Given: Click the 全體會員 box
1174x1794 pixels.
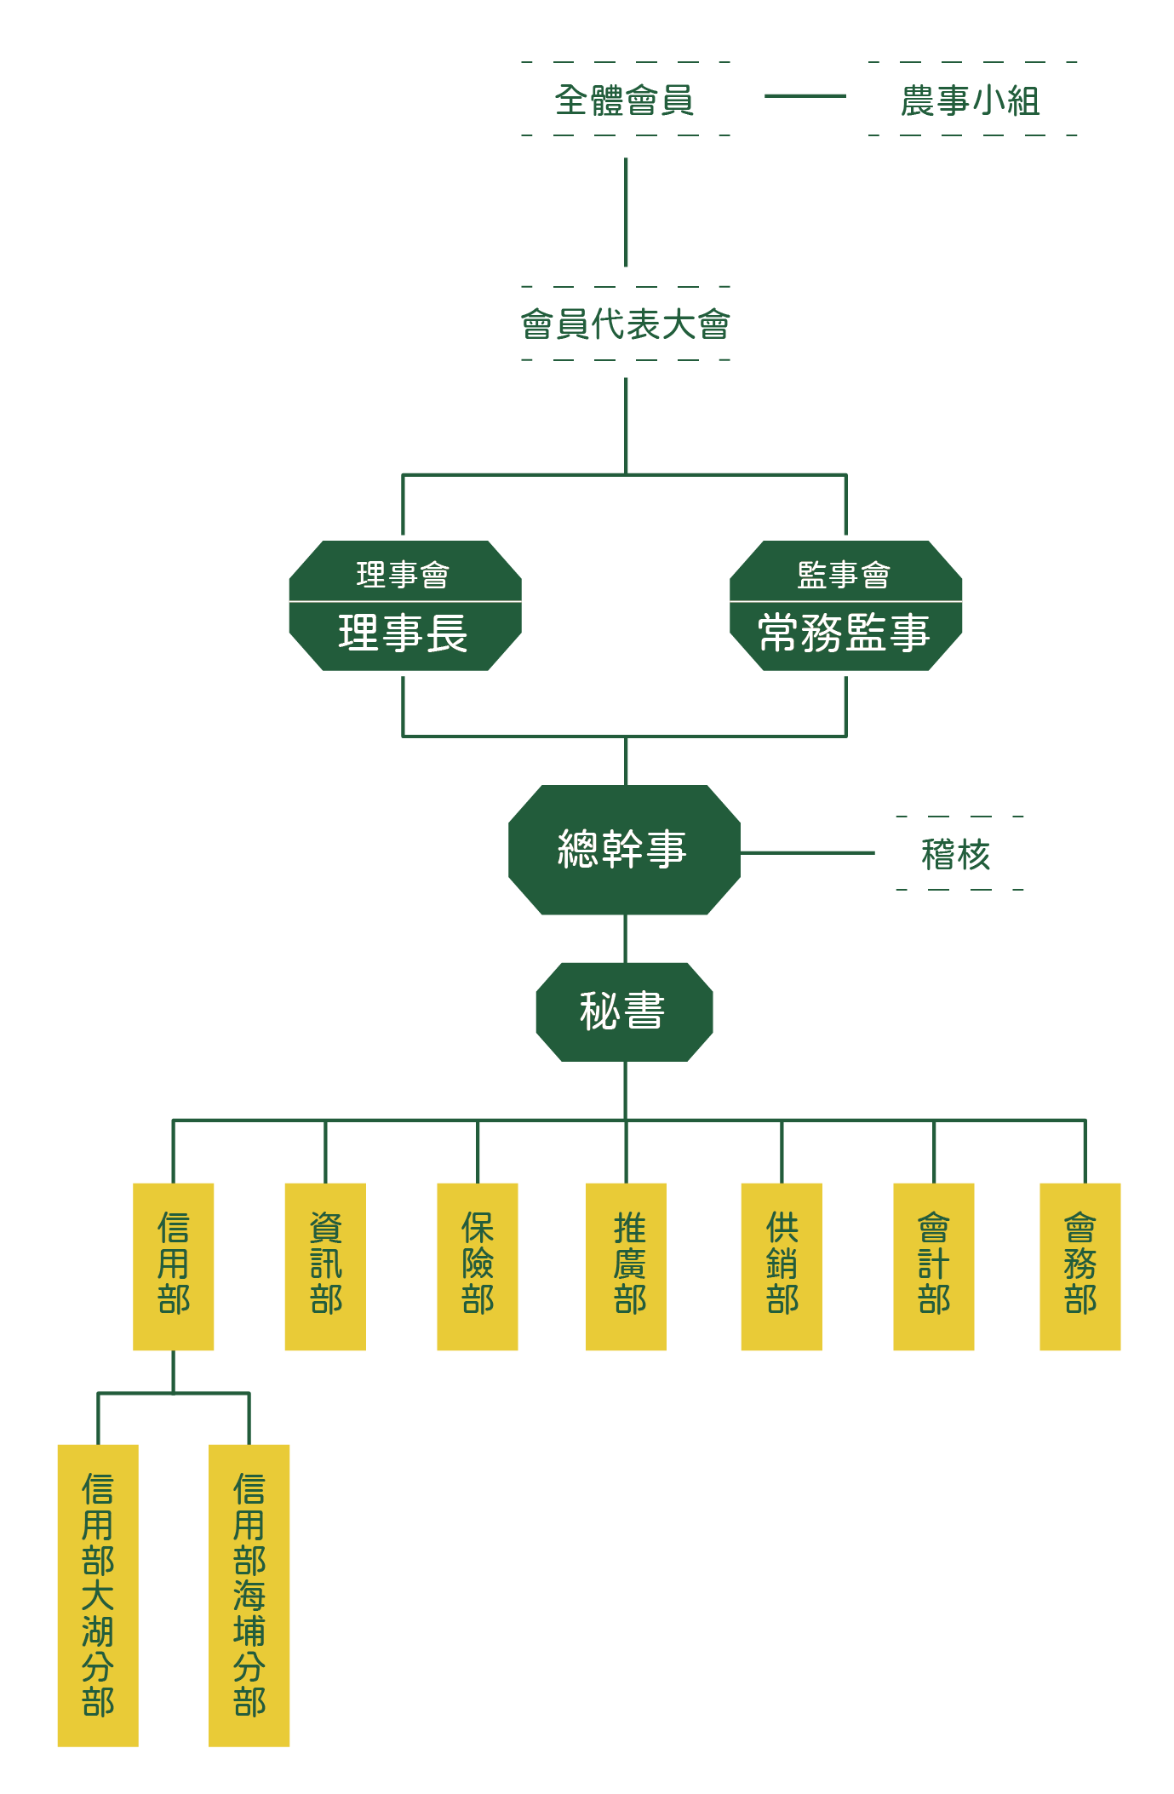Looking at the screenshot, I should [625, 100].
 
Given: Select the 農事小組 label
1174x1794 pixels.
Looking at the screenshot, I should [971, 100].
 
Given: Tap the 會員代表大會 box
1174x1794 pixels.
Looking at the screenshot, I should [625, 324].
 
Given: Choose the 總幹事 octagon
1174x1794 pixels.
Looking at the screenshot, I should [623, 850].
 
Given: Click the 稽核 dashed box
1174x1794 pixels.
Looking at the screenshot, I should [957, 853].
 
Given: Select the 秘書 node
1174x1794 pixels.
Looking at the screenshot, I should [623, 1012].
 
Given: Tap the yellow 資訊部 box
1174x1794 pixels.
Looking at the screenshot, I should [325, 1265].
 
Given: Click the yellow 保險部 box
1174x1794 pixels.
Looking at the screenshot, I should [477, 1265].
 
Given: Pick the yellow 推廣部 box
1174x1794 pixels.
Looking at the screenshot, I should [626, 1265].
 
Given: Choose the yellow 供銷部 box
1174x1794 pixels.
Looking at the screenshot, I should [781, 1265].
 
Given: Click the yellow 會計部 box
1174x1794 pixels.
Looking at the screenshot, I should [933, 1265].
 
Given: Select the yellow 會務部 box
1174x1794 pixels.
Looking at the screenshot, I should [1080, 1265].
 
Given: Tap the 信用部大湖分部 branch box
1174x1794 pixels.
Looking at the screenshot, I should [98, 1594].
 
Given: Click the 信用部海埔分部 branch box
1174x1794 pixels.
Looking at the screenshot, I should [249, 1594].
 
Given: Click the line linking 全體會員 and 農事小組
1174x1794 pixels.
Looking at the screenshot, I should [805, 96].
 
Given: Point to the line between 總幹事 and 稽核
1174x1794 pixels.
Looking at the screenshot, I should [807, 852].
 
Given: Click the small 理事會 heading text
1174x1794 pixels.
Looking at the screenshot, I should [404, 575].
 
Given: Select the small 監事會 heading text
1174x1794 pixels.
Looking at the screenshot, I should [845, 575].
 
